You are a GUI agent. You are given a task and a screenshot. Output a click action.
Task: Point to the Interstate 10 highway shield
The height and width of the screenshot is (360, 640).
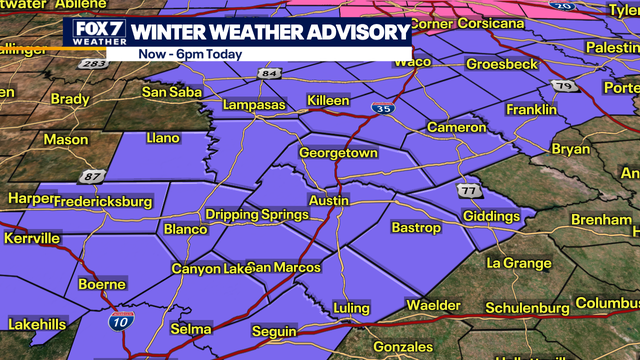119,321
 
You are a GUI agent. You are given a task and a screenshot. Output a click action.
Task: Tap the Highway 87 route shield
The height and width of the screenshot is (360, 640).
93,177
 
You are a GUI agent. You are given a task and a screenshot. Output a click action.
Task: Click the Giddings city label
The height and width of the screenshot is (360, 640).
491,216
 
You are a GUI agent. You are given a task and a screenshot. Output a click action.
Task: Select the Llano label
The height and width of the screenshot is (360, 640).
163,137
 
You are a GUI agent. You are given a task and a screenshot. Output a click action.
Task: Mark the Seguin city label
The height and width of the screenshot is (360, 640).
274,331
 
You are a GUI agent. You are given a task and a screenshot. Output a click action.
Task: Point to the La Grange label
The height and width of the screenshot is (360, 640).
518,263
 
